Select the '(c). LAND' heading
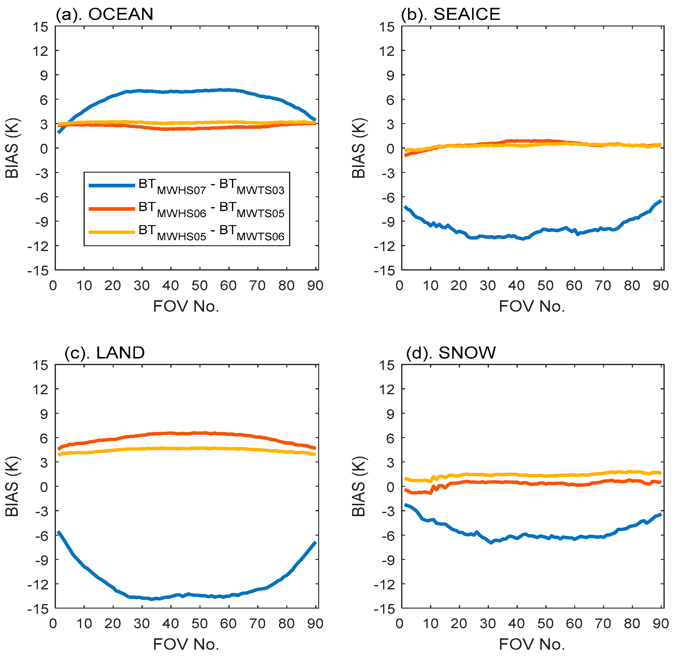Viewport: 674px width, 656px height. (105, 353)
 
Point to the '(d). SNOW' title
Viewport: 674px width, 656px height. (451, 353)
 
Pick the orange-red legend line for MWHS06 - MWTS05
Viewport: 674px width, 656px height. (112, 209)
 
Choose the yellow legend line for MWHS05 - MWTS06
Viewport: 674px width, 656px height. (112, 232)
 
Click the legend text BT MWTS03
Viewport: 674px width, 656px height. (252, 187)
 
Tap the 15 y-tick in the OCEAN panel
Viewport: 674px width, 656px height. (40, 27)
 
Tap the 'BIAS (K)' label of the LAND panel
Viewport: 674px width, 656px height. (12, 487)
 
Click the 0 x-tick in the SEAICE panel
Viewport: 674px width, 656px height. (400, 286)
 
